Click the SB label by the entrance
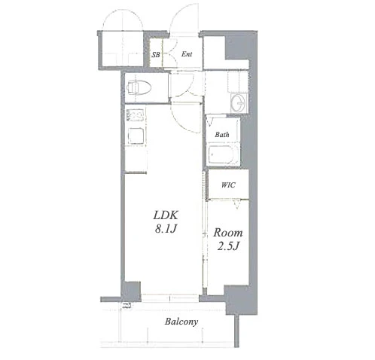[x=156, y=54]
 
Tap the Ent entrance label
[x=187, y=54]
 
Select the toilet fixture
[x=139, y=87]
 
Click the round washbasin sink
[x=239, y=103]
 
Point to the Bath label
[x=222, y=135]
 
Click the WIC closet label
[x=228, y=185]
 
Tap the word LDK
[x=166, y=215]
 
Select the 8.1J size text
[x=166, y=229]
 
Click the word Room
[x=228, y=233]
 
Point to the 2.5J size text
[x=228, y=246]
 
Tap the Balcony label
[x=181, y=322]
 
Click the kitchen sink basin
[x=136, y=115]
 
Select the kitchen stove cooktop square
[x=136, y=136]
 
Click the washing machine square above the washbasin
[x=237, y=82]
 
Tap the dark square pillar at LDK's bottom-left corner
[x=131, y=291]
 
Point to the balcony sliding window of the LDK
[x=170, y=297]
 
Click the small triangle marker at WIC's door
[x=236, y=205]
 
